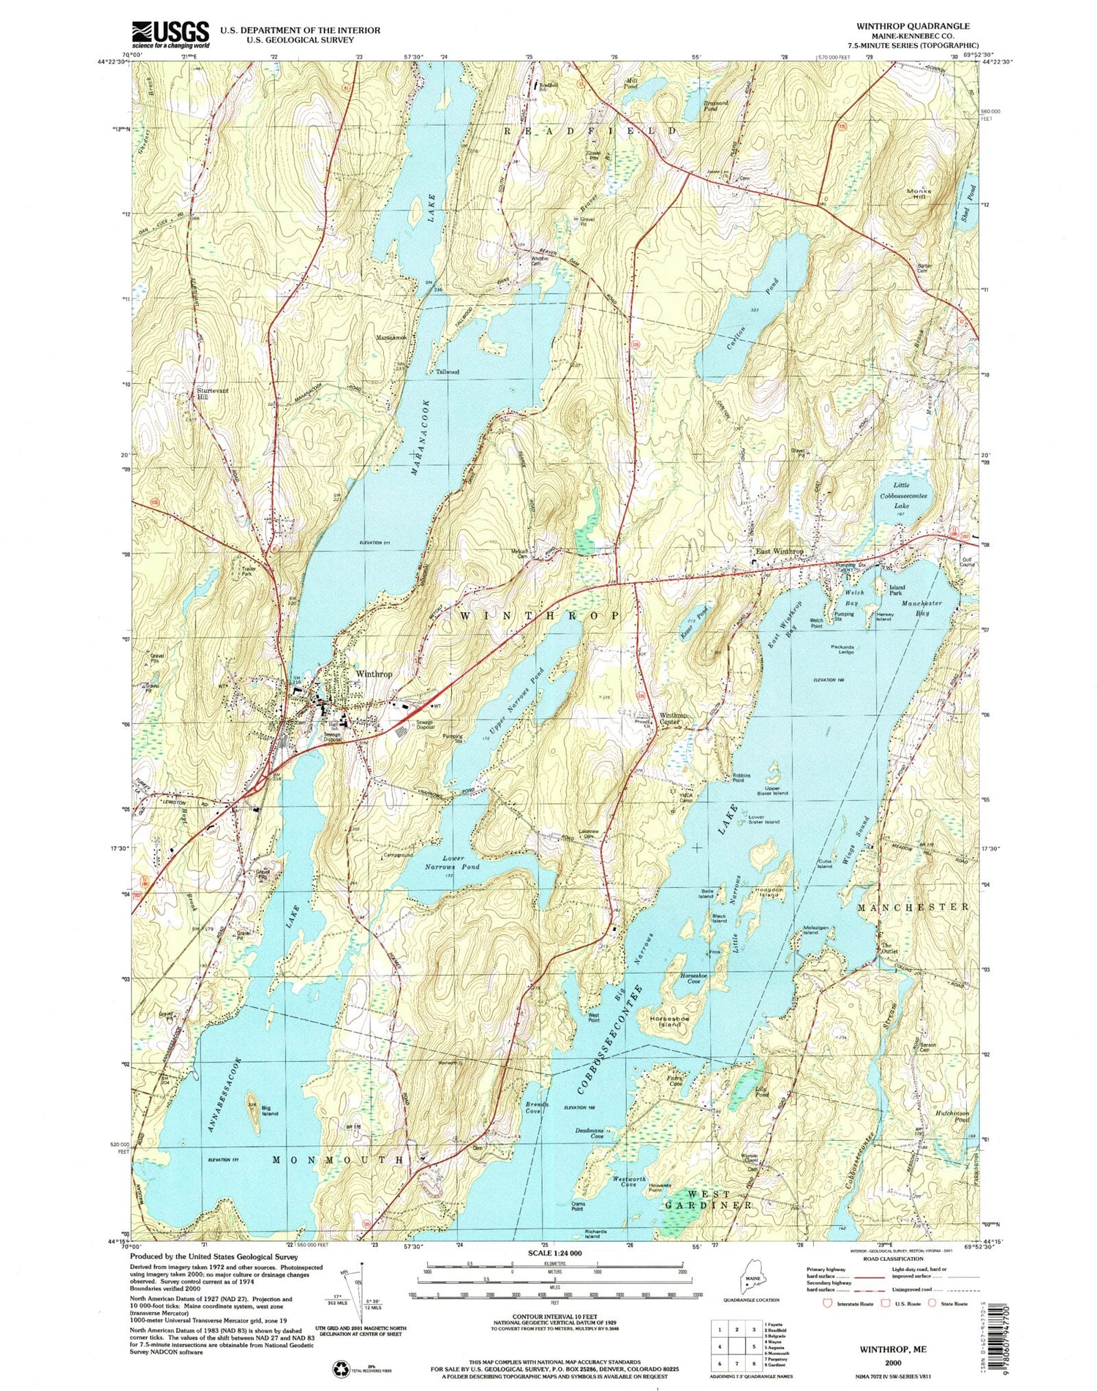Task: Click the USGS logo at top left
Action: click(x=170, y=34)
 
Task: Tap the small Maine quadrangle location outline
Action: click(x=753, y=1281)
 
